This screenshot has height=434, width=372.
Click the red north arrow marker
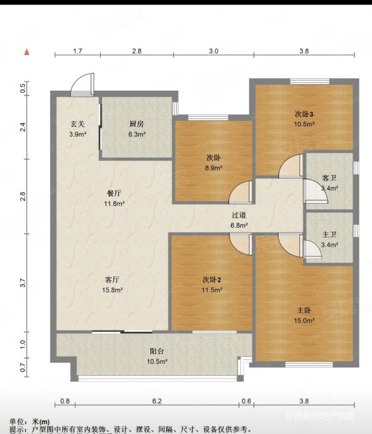(x=27, y=52)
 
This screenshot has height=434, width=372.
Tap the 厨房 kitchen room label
(x=137, y=124)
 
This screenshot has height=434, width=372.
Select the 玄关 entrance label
(x=77, y=124)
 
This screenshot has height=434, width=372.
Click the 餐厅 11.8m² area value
(x=114, y=204)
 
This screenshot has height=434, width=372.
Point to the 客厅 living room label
(x=112, y=280)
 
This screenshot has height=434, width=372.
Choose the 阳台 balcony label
(x=157, y=351)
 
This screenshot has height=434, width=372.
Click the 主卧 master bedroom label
(x=304, y=310)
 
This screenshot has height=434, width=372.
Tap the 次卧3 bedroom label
(x=304, y=114)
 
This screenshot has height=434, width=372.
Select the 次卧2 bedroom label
(x=212, y=280)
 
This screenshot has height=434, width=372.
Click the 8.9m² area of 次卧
(x=214, y=168)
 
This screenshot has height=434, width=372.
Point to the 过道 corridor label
(x=238, y=215)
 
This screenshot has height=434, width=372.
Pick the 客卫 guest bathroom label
(x=329, y=178)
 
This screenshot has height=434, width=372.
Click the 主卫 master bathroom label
(x=329, y=235)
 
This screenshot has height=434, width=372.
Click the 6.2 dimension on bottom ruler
(x=157, y=401)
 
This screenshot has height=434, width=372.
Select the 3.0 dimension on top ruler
(x=214, y=51)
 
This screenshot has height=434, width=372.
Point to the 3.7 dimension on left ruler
(x=23, y=283)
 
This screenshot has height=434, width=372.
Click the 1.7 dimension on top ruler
(x=77, y=51)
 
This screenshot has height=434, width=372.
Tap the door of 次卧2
(x=241, y=244)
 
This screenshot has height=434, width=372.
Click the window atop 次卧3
(x=310, y=81)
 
